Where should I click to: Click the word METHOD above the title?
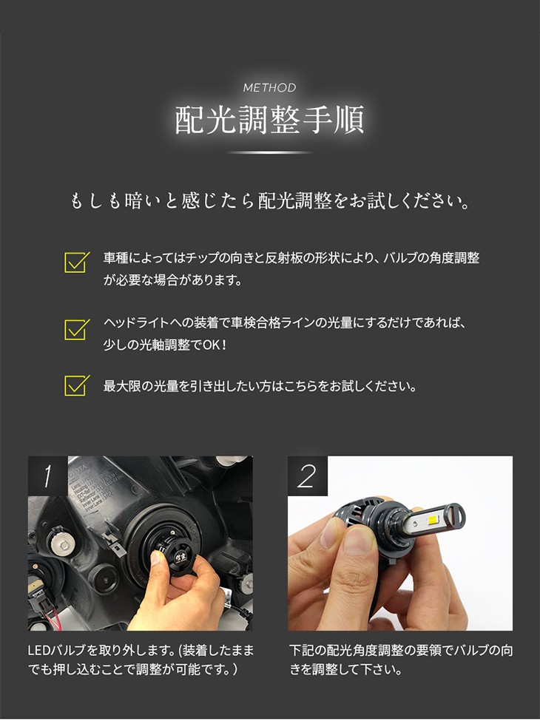(x=269, y=87)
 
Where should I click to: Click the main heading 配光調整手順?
(x=270, y=120)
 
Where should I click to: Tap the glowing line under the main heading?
(x=270, y=152)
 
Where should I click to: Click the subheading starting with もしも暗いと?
(x=270, y=201)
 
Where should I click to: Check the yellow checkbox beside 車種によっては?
(x=76, y=262)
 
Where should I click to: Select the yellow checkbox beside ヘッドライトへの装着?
(x=76, y=329)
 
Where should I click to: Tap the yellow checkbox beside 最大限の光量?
(x=76, y=385)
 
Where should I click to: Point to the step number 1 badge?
(x=48, y=475)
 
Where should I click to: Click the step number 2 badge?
(x=307, y=475)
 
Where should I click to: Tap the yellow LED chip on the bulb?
(x=435, y=520)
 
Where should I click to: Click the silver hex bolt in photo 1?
(x=61, y=546)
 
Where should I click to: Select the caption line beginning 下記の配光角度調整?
(x=401, y=650)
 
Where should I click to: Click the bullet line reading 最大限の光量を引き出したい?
(x=260, y=386)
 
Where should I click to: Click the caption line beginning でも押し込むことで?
(x=133, y=669)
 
